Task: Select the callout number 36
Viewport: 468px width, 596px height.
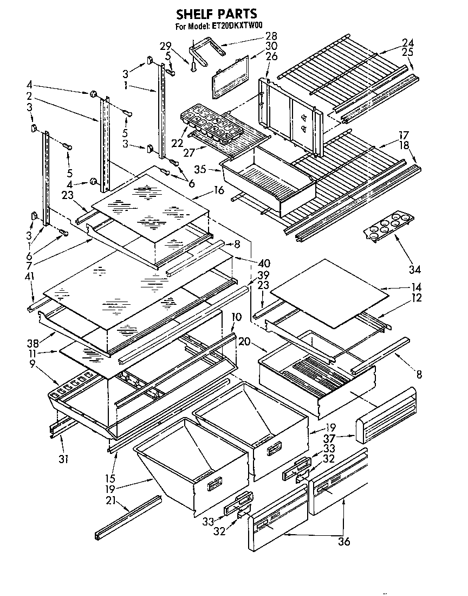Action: (x=344, y=541)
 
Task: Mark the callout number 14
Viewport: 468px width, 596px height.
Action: (x=401, y=286)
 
